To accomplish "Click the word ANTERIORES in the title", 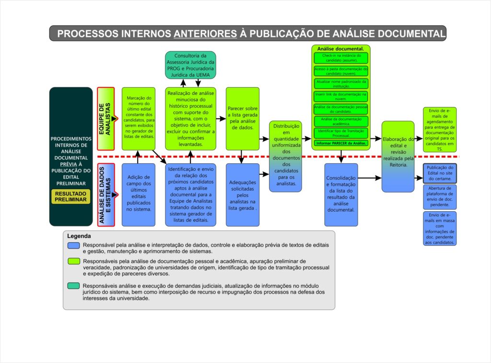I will pyautogui.click(x=205, y=34).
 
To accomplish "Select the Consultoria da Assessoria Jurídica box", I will pyautogui.click(x=190, y=65).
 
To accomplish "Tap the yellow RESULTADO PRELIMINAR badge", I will pyautogui.click(x=71, y=197).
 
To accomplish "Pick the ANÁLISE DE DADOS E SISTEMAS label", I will pyautogui.click(x=106, y=194).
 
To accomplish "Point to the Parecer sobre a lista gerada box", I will pyautogui.click(x=243, y=118).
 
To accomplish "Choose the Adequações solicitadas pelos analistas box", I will pyautogui.click(x=243, y=194).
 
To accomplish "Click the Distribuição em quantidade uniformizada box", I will pyautogui.click(x=285, y=156).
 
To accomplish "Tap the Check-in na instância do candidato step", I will pyautogui.click(x=341, y=58).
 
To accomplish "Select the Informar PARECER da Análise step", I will pyautogui.click(x=341, y=143).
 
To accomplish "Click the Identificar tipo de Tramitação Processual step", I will pyautogui.click(x=341, y=133).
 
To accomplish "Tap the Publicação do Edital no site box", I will pyautogui.click(x=440, y=173).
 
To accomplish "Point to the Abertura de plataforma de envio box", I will pyautogui.click(x=440, y=196).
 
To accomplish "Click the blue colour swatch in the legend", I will pyautogui.click(x=73, y=245).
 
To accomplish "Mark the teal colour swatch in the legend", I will pyautogui.click(x=73, y=286).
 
